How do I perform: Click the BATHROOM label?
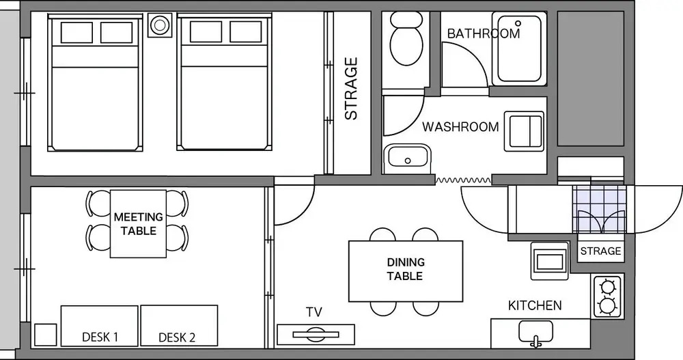click(484, 33)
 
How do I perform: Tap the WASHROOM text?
click(460, 127)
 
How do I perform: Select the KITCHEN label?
click(535, 305)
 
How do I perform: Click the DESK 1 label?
click(100, 337)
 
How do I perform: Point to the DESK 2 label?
click(177, 337)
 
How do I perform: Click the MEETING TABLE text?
click(139, 223)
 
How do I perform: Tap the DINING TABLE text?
click(405, 269)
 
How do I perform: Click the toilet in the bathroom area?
click(406, 38)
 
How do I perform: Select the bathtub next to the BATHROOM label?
click(519, 49)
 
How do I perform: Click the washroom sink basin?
click(407, 157)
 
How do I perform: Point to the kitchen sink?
click(535, 333)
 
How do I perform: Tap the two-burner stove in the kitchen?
click(607, 296)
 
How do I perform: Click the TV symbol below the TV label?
click(316, 334)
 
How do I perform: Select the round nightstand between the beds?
click(160, 25)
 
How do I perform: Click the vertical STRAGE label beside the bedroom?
click(351, 89)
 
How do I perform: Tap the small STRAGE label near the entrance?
click(600, 251)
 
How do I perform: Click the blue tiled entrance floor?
click(600, 208)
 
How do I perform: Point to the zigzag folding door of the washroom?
click(464, 180)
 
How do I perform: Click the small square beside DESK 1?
click(45, 335)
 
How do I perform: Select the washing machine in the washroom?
click(525, 131)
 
